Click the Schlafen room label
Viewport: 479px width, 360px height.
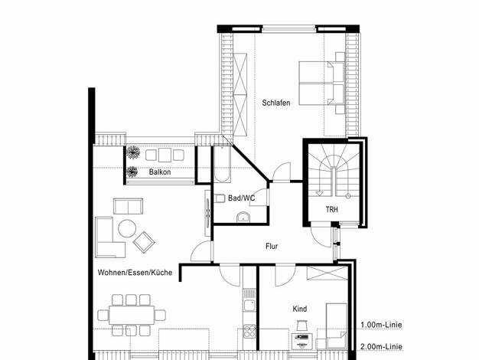tap(276, 103)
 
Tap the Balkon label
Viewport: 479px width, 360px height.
tap(160, 172)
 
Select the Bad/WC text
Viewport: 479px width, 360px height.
tap(241, 198)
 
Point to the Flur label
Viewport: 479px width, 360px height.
tap(272, 246)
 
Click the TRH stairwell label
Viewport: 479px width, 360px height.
tap(332, 210)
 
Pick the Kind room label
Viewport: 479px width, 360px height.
tap(300, 309)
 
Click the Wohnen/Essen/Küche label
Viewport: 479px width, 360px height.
tap(135, 273)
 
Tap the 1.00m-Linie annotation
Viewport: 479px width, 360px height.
tap(381, 325)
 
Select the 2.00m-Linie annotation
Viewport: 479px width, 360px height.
tap(381, 347)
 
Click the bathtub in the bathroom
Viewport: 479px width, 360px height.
tap(222, 164)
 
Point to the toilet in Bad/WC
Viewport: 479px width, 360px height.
tap(220, 198)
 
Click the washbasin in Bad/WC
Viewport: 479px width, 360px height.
tap(243, 218)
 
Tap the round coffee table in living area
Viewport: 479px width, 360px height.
tap(127, 228)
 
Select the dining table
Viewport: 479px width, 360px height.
tap(132, 315)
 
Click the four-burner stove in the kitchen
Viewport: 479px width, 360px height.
tap(249, 332)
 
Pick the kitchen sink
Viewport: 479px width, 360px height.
tap(249, 306)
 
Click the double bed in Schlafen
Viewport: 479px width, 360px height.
tap(321, 83)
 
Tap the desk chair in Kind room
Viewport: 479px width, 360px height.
tap(301, 326)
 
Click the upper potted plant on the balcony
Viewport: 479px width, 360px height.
tap(133, 152)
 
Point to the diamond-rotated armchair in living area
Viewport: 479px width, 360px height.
tap(144, 242)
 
